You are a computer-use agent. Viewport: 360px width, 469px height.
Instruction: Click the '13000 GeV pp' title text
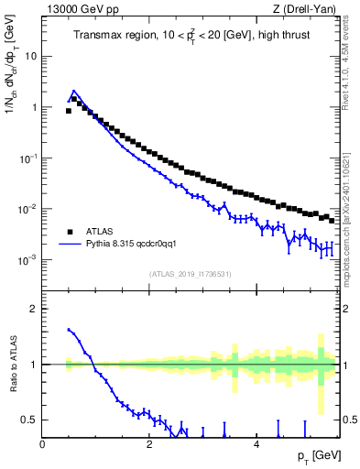point(79,9)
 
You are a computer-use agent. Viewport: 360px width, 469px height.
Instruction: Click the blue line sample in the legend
point(70,245)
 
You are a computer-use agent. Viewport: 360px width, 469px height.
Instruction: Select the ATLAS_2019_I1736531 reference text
point(190,274)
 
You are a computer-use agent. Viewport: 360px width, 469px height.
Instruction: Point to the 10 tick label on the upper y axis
point(30,56)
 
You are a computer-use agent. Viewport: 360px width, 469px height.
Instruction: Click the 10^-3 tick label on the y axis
point(27,260)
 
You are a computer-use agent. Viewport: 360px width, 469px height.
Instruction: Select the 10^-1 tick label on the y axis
point(27,158)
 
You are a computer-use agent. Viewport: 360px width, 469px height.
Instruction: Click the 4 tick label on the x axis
point(256,443)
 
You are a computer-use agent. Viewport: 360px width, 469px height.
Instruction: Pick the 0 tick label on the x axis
point(42,443)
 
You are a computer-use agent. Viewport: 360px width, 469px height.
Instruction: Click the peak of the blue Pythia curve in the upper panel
point(73,91)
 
